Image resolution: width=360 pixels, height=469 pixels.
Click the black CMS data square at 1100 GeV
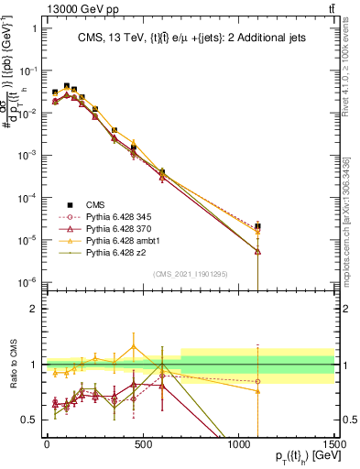258,226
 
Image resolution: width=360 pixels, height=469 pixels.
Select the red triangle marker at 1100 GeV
258,250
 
